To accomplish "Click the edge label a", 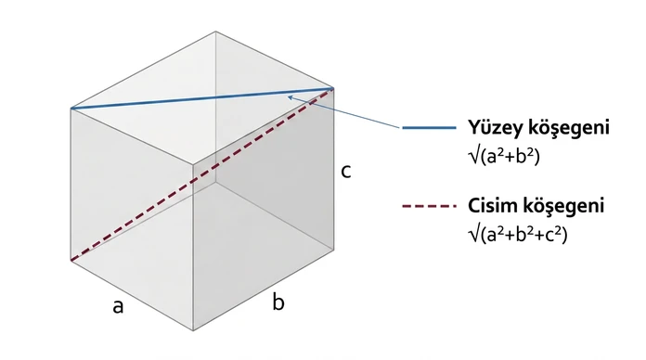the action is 118,307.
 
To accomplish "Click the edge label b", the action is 278,302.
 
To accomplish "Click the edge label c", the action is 345,172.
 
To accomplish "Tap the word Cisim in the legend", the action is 491,205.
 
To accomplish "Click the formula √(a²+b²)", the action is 504,156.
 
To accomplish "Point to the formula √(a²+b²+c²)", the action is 518,234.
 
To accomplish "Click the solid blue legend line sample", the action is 430,128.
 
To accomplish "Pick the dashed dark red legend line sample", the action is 430,206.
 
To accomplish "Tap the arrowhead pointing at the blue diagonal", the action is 290,97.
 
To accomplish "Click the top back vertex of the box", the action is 215,32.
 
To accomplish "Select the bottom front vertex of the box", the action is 193,330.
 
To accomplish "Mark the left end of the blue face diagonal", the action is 71,109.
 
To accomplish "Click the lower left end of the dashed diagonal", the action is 71,261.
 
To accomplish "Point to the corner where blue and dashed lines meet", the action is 333,88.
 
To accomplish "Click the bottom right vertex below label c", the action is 333,249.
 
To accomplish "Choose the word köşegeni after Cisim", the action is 562,206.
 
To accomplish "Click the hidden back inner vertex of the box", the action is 215,182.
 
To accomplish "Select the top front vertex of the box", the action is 193,163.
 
